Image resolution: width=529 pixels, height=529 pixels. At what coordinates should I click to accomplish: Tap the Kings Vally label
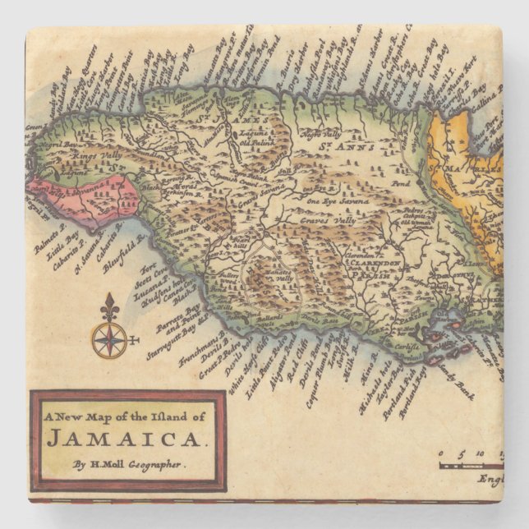click(x=98, y=154)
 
